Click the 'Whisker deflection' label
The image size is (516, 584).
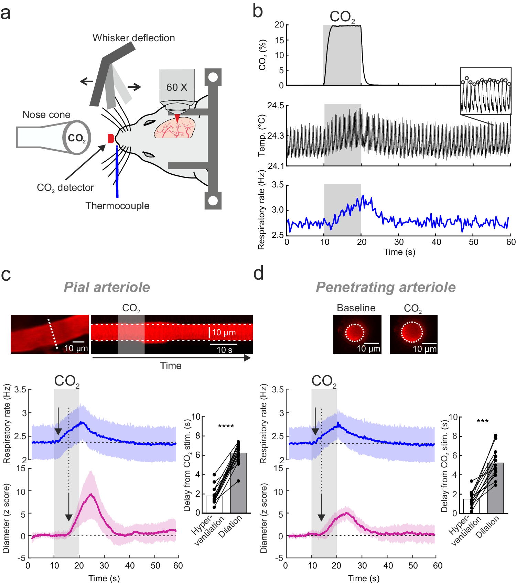point(133,38)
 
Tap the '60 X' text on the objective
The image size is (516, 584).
point(176,87)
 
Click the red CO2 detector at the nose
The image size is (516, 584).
point(111,139)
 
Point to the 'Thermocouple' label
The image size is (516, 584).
point(117,206)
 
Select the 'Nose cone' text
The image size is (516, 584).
point(46,115)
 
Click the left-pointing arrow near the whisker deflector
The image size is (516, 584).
point(86,82)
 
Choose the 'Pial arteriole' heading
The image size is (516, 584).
point(107,287)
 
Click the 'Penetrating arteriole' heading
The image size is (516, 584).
point(385,287)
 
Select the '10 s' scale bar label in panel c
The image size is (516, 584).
point(224,350)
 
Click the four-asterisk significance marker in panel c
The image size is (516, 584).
point(226,426)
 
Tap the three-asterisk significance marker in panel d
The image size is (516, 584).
point(482,421)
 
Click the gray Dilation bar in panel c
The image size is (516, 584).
point(238,483)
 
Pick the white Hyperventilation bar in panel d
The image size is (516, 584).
point(471,506)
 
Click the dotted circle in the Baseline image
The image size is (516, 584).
point(355,333)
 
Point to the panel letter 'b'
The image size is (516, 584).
point(258,11)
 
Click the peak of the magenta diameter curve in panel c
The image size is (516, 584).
point(91,494)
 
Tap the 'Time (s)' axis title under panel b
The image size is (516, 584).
point(399,252)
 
